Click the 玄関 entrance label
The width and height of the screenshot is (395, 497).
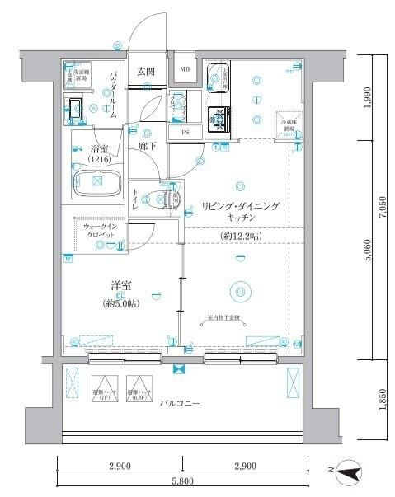point(147,71)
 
